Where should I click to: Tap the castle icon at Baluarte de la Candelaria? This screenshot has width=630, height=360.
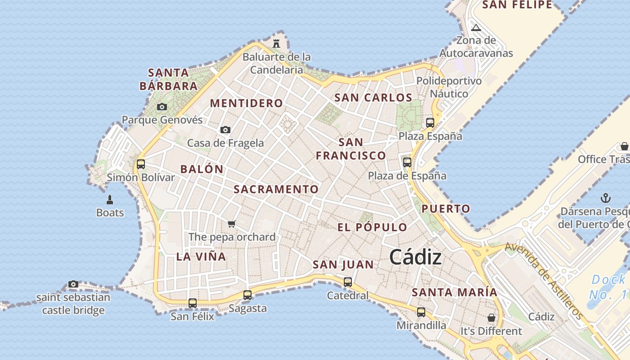pyautogui.click(x=276, y=44)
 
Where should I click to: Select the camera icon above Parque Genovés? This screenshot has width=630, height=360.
pyautogui.click(x=162, y=107)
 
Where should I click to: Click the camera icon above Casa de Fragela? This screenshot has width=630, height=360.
pyautogui.click(x=225, y=130)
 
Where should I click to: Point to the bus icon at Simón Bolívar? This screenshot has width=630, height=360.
pyautogui.click(x=141, y=164)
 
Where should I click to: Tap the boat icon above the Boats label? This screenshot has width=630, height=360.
pyautogui.click(x=110, y=199)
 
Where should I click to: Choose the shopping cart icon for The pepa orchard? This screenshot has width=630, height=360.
pyautogui.click(x=232, y=224)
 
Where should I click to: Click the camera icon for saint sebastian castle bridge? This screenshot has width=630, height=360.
pyautogui.click(x=73, y=284)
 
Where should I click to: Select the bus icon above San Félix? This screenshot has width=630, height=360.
pyautogui.click(x=193, y=303)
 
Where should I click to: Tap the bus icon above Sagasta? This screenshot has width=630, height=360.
pyautogui.click(x=247, y=296)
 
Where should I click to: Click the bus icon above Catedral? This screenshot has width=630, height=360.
pyautogui.click(x=348, y=283)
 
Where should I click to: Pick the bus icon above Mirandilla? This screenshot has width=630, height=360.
pyautogui.click(x=421, y=312)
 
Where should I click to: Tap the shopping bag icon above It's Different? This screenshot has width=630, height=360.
pyautogui.click(x=491, y=318)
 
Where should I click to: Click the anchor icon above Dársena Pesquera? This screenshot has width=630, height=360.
pyautogui.click(x=606, y=198)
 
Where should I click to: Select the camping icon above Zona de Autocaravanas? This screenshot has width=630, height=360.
pyautogui.click(x=476, y=28)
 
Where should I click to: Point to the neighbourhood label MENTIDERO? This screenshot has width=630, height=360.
pyautogui.click(x=247, y=103)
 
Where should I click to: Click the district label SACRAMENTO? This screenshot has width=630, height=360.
pyautogui.click(x=276, y=189)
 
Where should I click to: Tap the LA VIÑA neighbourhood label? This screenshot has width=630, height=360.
pyautogui.click(x=201, y=256)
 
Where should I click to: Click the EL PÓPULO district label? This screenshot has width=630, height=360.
pyautogui.click(x=372, y=227)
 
